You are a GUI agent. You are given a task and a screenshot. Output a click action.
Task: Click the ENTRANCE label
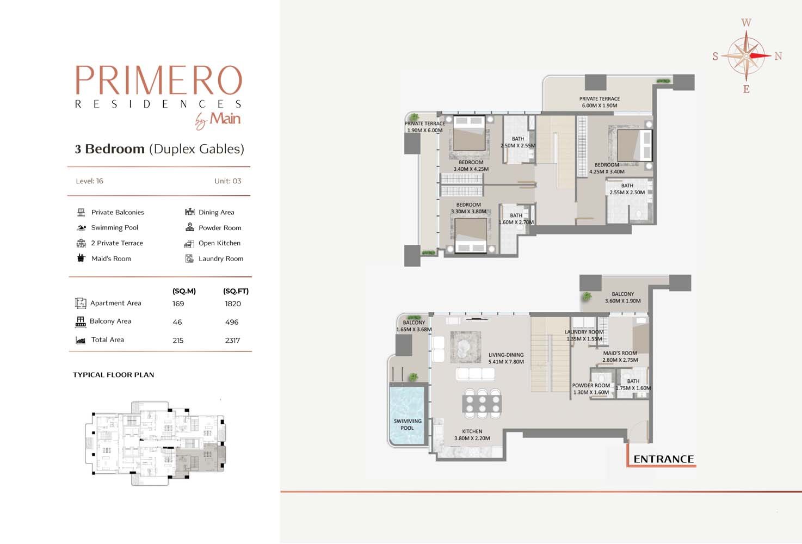[663, 459]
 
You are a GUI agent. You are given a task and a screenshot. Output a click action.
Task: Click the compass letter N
[778, 56]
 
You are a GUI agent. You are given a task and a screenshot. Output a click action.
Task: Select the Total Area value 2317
[232, 341]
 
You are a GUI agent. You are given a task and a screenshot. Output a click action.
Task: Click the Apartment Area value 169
[178, 304]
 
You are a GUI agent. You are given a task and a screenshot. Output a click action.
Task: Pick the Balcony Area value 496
[232, 322]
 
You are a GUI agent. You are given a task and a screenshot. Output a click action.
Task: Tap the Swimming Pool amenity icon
[81, 227]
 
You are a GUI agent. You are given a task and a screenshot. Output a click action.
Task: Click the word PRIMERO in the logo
[159, 79]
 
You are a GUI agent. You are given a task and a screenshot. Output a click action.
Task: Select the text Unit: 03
[228, 181]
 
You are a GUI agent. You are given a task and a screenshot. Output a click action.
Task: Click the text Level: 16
[90, 181]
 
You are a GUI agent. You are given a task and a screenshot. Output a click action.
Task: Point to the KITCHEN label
[472, 431]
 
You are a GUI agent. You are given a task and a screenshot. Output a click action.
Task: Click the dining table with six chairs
[482, 404]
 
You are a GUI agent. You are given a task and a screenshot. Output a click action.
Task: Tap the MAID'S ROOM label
[620, 353]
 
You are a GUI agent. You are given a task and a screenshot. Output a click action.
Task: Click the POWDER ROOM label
[591, 386]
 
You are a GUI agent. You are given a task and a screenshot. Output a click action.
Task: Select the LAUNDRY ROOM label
[584, 332]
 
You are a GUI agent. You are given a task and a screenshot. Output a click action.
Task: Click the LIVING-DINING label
[506, 355]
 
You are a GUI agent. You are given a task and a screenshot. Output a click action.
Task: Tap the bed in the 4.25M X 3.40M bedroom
[634, 146]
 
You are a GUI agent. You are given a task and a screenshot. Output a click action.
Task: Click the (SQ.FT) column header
[236, 291]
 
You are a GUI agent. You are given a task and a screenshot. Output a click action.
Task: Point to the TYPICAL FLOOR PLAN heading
[114, 375]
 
